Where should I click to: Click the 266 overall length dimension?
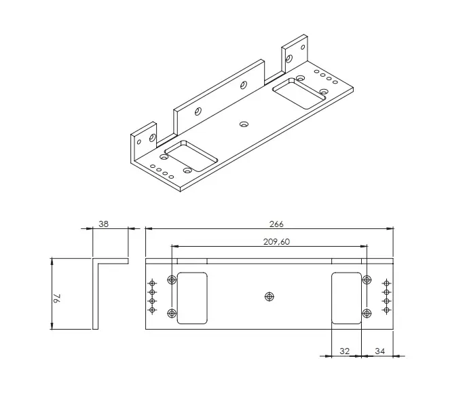(x=276, y=224)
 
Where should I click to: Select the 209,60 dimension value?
(x=276, y=242)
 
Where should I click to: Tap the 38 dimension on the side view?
(x=103, y=224)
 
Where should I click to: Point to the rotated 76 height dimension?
(x=57, y=298)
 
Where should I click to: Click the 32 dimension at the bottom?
(x=345, y=351)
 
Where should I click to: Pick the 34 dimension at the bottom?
(x=380, y=351)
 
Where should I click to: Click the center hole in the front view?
(x=269, y=296)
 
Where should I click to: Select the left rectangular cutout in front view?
(x=192, y=298)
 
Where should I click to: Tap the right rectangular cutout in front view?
(x=346, y=298)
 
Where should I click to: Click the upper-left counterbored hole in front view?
(x=172, y=279)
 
